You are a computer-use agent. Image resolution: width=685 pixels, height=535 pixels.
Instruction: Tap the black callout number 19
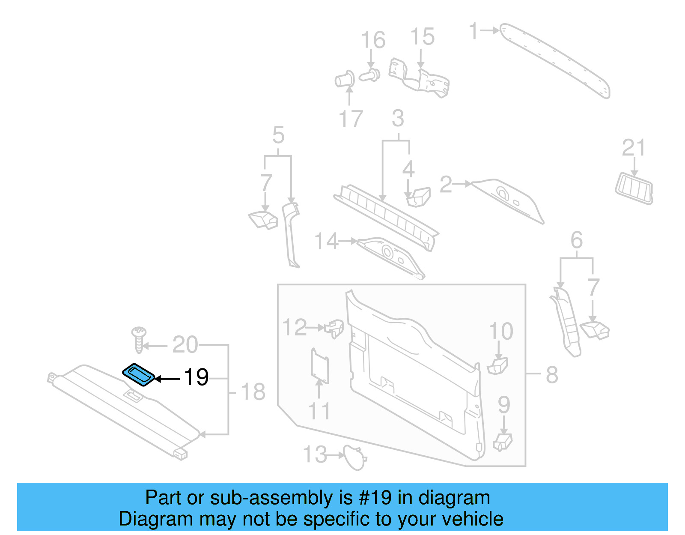click(196, 377)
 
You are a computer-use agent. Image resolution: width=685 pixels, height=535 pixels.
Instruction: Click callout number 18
click(253, 392)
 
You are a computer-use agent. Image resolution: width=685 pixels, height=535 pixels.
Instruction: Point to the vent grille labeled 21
click(634, 188)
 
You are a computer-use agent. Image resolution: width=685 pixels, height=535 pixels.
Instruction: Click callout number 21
click(633, 148)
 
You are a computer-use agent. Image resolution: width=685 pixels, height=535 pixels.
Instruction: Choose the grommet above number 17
click(345, 79)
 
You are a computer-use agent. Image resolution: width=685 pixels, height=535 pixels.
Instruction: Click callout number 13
click(315, 454)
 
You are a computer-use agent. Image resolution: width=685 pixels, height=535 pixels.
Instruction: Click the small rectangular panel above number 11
click(319, 365)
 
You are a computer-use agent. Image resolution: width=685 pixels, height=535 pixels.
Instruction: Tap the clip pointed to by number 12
click(334, 329)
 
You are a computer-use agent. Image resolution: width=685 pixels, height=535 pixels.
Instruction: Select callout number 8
click(552, 375)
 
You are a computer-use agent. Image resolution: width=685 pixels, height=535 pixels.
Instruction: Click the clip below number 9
click(503, 441)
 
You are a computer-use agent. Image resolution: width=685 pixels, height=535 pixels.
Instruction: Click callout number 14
click(326, 242)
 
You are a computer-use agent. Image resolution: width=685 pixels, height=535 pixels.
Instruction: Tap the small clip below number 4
click(417, 197)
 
